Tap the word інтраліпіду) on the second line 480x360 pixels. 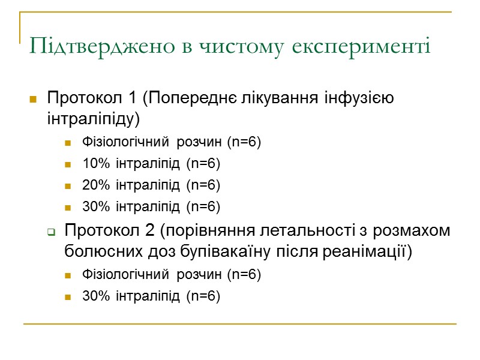(93, 119)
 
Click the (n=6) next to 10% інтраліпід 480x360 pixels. (203, 164)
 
